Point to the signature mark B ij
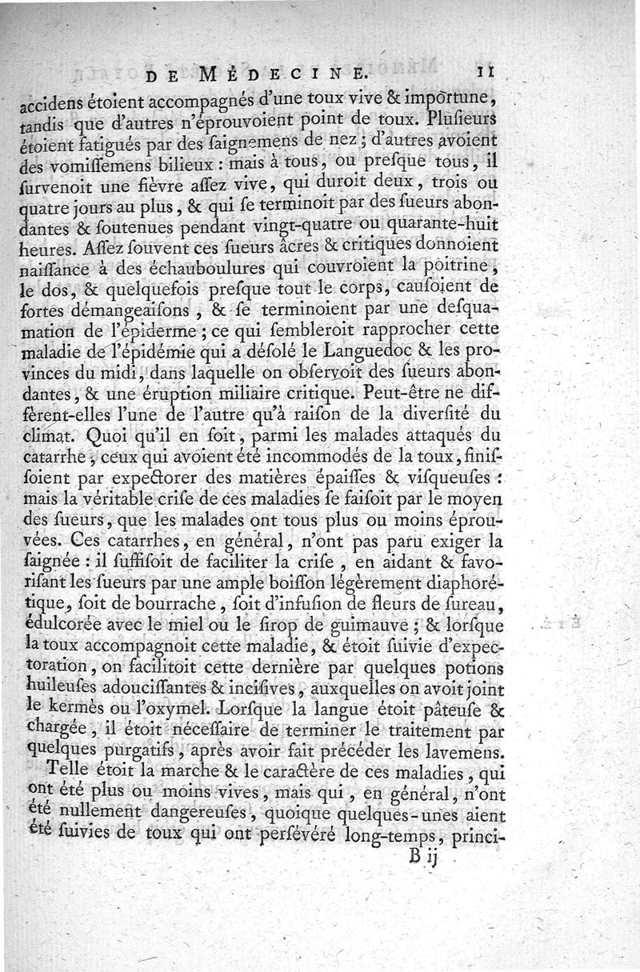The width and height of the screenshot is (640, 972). point(420,858)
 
